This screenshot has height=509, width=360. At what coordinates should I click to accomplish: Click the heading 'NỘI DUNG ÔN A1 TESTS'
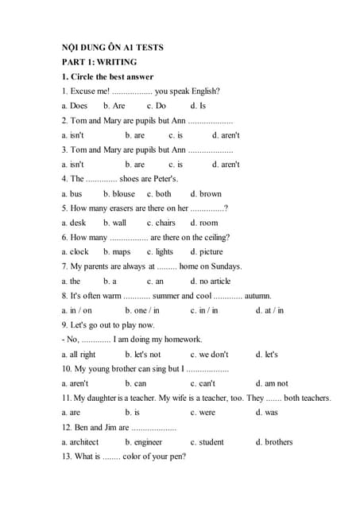click(x=112, y=48)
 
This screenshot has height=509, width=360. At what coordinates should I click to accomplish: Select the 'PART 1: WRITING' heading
click(x=99, y=62)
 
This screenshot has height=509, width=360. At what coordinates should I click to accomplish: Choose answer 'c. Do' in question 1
click(x=157, y=106)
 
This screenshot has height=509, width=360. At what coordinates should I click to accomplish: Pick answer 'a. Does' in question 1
click(x=75, y=106)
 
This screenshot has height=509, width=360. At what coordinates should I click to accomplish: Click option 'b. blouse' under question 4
click(x=119, y=193)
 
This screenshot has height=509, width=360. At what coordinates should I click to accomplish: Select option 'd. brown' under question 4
click(x=206, y=193)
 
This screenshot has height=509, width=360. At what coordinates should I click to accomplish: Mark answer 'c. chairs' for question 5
click(x=161, y=223)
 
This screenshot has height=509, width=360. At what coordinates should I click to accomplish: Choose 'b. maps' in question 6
click(x=117, y=252)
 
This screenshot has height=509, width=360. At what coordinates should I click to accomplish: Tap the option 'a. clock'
click(x=75, y=252)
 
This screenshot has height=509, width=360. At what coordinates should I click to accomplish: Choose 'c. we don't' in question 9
click(x=209, y=354)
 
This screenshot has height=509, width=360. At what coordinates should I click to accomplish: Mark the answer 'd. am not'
click(x=272, y=383)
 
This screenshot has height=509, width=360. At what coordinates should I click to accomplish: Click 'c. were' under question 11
click(x=203, y=413)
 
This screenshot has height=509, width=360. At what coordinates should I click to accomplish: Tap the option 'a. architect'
click(x=80, y=441)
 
